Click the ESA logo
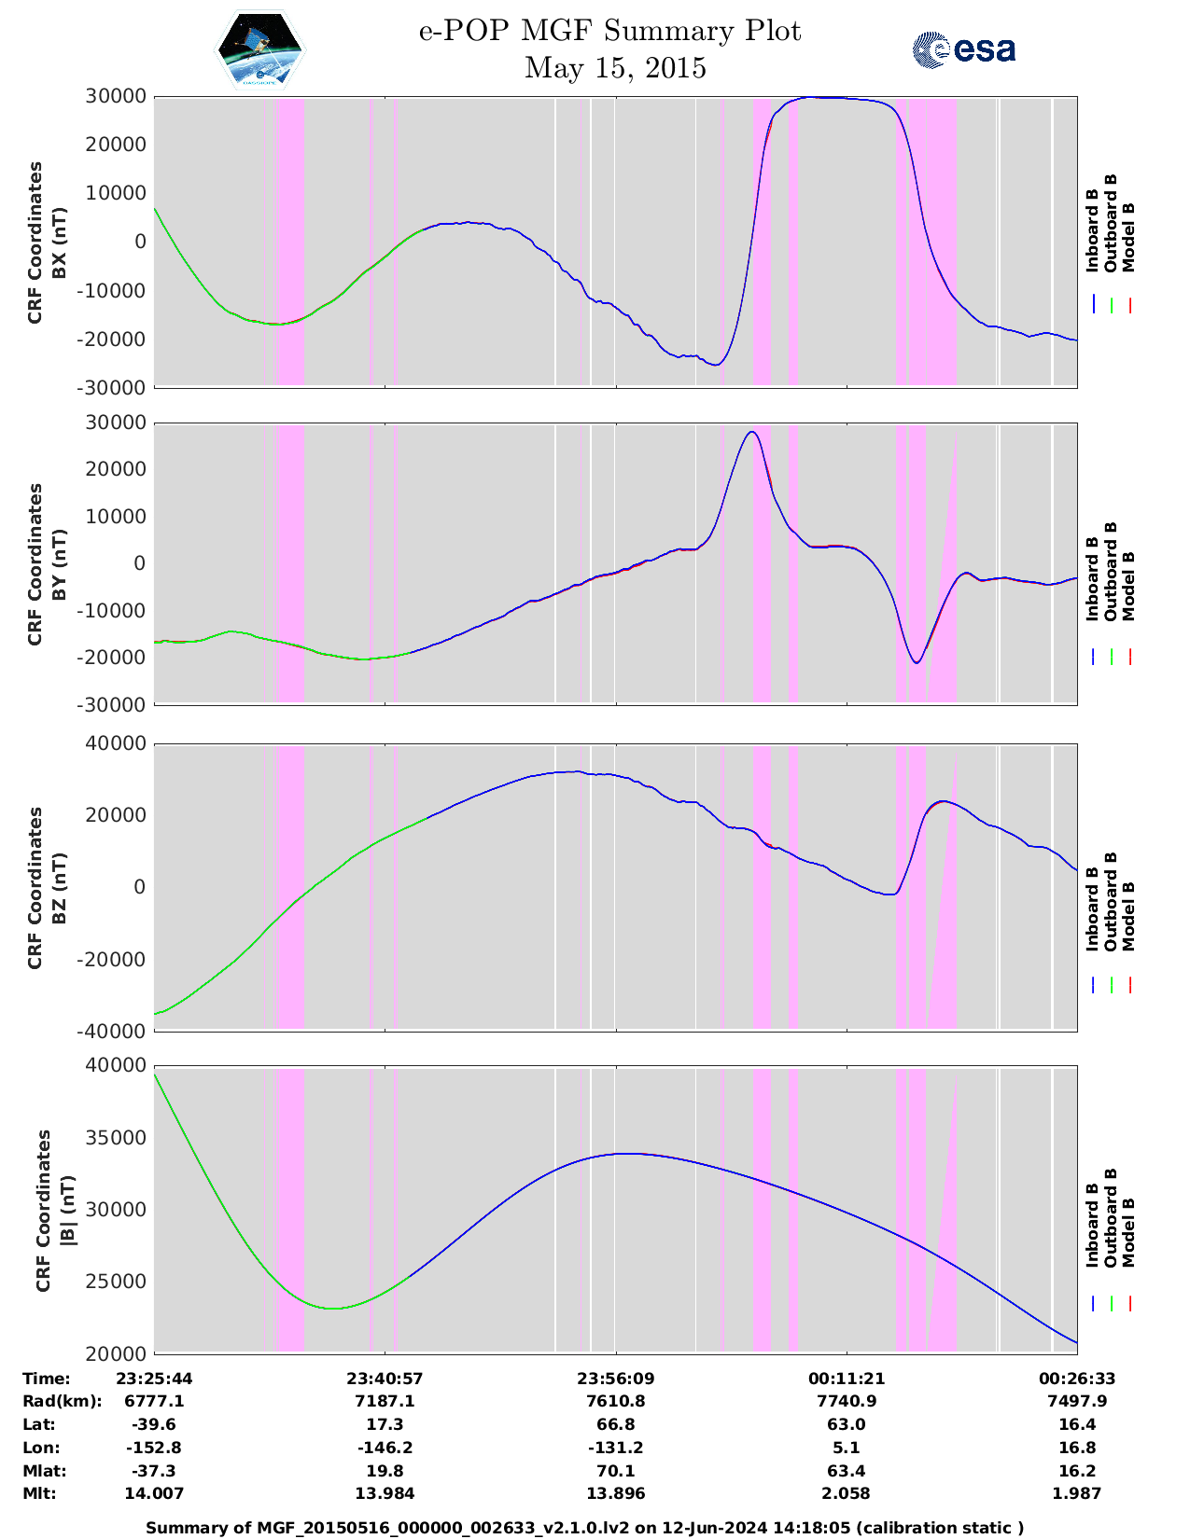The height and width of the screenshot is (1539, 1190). click(963, 49)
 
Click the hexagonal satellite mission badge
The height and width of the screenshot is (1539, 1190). click(259, 50)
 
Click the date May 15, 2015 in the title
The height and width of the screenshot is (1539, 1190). click(614, 68)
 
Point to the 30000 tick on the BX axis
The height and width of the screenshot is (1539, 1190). click(116, 96)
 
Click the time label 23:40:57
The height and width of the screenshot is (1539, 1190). click(385, 1379)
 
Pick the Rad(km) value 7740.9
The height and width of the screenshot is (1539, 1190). click(847, 1401)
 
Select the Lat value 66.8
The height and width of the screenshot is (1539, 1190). click(615, 1424)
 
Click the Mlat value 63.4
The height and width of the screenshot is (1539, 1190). click(847, 1471)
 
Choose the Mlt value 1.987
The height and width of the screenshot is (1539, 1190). click(1077, 1493)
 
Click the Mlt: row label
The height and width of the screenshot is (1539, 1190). click(39, 1493)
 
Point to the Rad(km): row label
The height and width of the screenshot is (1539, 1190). click(62, 1401)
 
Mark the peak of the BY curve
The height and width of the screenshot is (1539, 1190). click(751, 432)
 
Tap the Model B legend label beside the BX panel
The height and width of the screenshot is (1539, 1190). click(1127, 237)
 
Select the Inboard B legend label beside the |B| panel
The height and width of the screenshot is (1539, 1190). click(1092, 1225)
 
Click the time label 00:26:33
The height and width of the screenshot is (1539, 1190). click(1077, 1379)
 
